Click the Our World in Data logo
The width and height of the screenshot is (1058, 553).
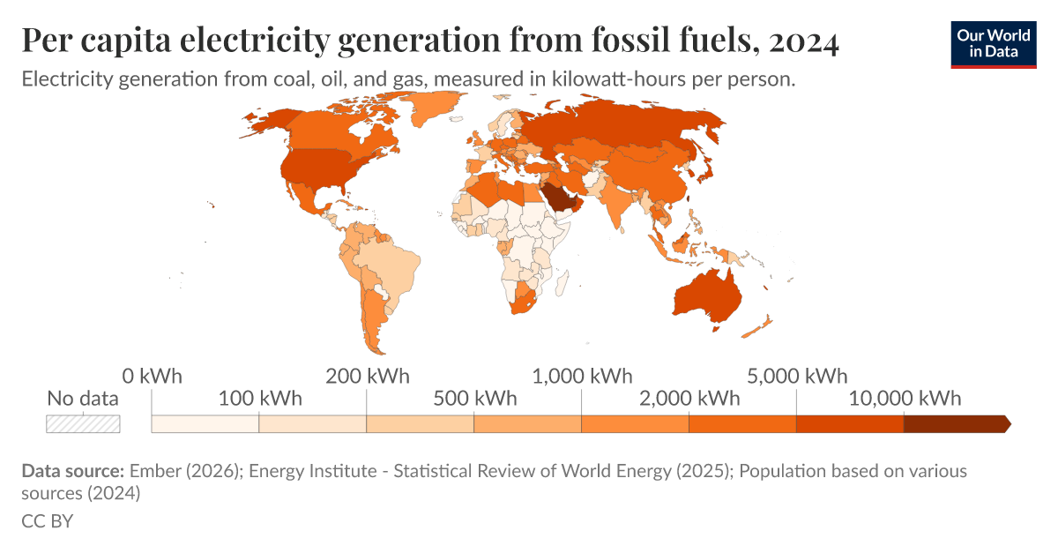tap(993, 42)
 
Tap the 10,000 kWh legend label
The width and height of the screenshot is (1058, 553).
tap(905, 399)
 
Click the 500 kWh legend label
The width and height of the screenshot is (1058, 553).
tap(474, 399)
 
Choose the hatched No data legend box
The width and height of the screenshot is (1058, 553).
tap(83, 423)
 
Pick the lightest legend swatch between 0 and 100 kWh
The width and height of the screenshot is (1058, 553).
tap(205, 423)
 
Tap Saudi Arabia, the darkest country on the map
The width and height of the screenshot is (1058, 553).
tap(558, 196)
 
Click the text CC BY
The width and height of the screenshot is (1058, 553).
tap(47, 521)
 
